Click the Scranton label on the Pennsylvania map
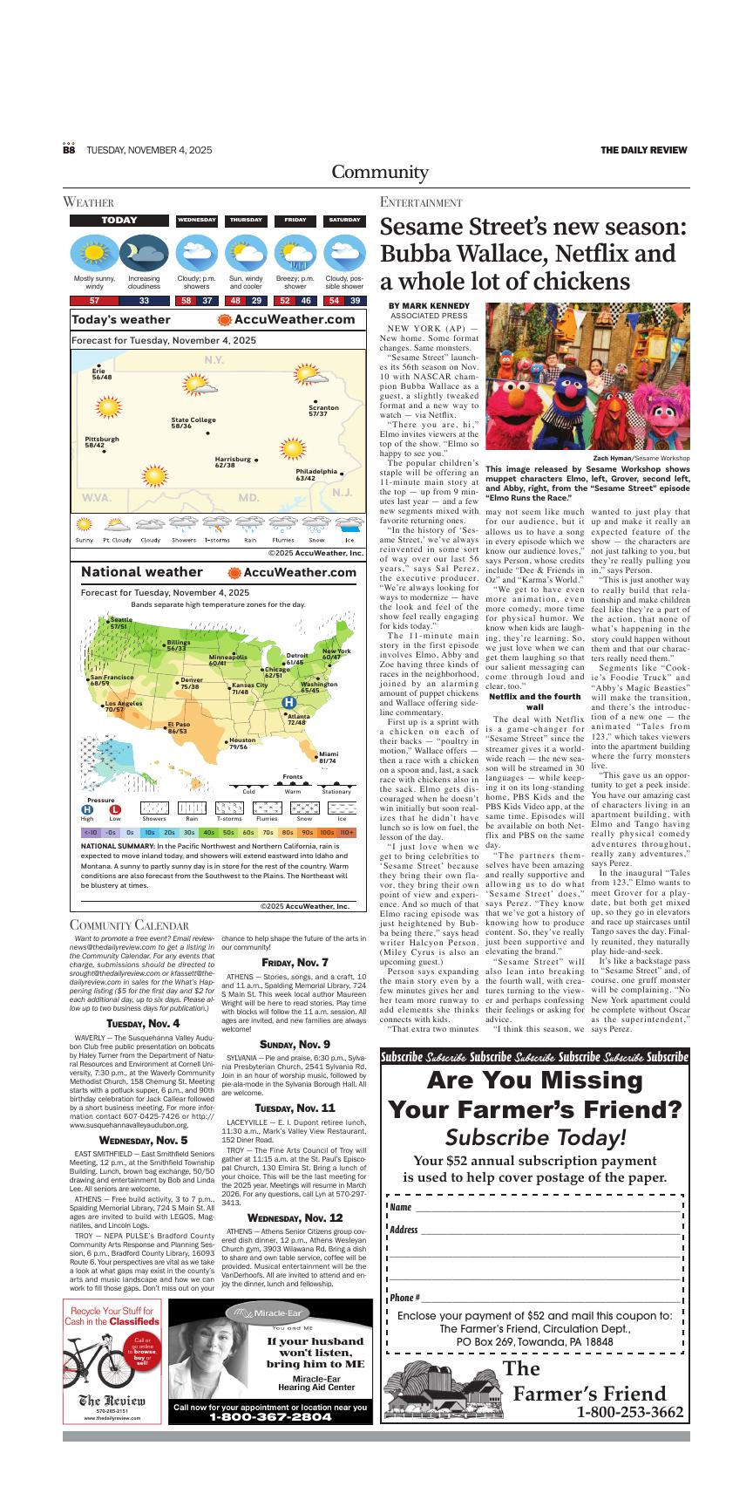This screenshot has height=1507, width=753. pyautogui.click(x=323, y=411)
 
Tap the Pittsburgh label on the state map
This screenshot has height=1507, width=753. pyautogui.click(x=102, y=441)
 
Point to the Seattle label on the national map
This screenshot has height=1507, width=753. pyautogui.click(x=120, y=623)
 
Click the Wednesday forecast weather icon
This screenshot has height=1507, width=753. pyautogui.click(x=196, y=254)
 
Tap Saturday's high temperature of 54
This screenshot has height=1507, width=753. pyautogui.click(x=334, y=301)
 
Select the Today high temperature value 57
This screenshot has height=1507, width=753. pyautogui.click(x=94, y=301)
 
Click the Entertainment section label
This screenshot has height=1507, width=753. pyautogui.click(x=421, y=202)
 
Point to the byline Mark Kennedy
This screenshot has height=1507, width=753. pyautogui.click(x=429, y=306)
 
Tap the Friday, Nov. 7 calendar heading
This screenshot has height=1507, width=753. pyautogui.click(x=295, y=962)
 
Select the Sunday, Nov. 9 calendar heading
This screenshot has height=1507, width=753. pyautogui.click(x=295, y=1044)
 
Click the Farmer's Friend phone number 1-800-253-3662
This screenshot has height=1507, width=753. pyautogui.click(x=629, y=1413)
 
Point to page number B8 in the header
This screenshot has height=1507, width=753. pyautogui.click(x=69, y=150)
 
